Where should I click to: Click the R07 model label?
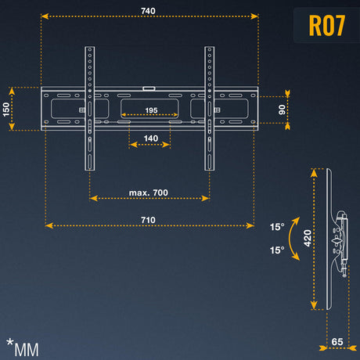(327, 25)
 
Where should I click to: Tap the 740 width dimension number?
(148, 11)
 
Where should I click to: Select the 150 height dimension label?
(6, 110)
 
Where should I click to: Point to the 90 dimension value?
(282, 110)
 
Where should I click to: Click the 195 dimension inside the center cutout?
(151, 110)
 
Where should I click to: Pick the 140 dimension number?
(151, 139)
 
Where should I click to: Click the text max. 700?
(149, 193)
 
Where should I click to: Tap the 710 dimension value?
(148, 220)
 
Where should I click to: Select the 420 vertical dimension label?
(308, 238)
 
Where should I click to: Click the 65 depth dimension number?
(337, 342)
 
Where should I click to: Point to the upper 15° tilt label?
(277, 227)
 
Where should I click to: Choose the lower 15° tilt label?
(277, 250)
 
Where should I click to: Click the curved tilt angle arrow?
(290, 238)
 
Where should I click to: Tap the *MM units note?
(23, 347)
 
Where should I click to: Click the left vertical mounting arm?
(89, 109)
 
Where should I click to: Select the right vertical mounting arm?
(210, 109)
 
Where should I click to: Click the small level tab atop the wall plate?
(149, 88)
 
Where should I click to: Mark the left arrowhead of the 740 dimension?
(45, 16)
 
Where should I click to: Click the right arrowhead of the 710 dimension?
(250, 225)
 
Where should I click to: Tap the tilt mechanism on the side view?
(341, 243)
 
